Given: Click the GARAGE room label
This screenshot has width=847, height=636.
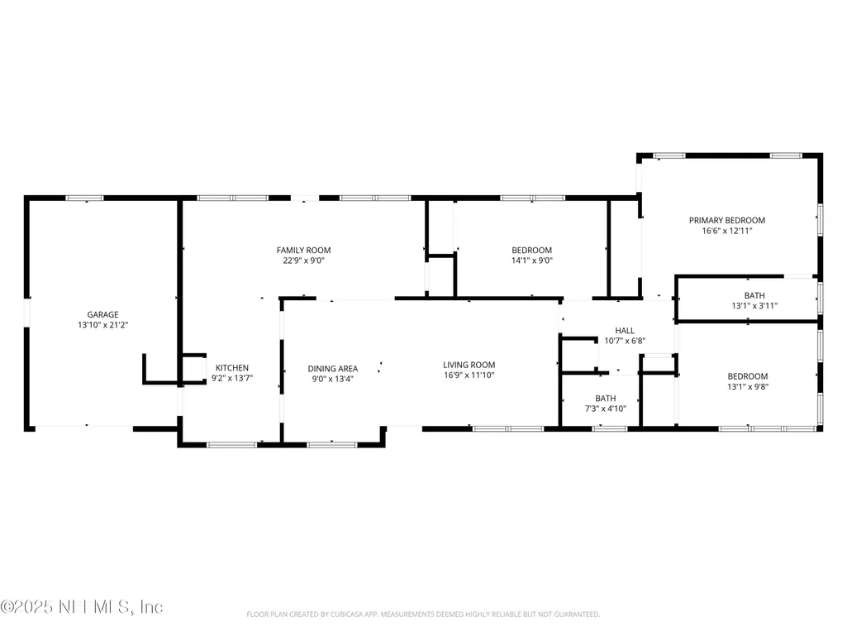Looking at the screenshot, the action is (102, 314).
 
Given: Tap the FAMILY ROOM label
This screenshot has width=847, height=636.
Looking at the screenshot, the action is (303, 250).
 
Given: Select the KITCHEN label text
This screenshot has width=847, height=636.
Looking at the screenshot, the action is (232, 368).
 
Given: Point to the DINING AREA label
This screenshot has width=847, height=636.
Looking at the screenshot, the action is (333, 368).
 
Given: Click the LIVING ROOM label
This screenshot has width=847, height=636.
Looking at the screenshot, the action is (469, 365).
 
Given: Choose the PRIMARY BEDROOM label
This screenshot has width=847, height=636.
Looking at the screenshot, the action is (727, 220).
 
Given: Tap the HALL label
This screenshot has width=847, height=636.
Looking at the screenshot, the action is (625, 331).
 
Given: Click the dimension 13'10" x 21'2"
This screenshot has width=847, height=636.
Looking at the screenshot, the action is (102, 324).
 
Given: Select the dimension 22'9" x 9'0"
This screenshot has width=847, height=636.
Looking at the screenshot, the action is (303, 261).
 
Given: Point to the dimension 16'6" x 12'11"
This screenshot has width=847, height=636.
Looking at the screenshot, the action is (727, 231).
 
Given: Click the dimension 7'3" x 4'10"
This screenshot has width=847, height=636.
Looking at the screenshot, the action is (606, 409).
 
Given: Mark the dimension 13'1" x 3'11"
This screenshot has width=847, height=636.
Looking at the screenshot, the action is (754, 305).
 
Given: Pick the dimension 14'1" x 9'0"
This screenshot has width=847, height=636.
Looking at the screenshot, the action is (532, 261).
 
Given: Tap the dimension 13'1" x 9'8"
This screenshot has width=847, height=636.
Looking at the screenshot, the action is (748, 386).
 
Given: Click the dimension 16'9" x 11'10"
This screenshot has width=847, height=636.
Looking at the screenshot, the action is (469, 375).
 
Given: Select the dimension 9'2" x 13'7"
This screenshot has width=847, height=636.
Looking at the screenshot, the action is (232, 378).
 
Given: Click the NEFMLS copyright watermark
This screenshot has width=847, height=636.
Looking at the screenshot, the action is (82, 607).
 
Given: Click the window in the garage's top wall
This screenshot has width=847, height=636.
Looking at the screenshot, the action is (85, 198).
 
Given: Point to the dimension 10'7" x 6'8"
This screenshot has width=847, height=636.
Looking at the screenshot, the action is (625, 341).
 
